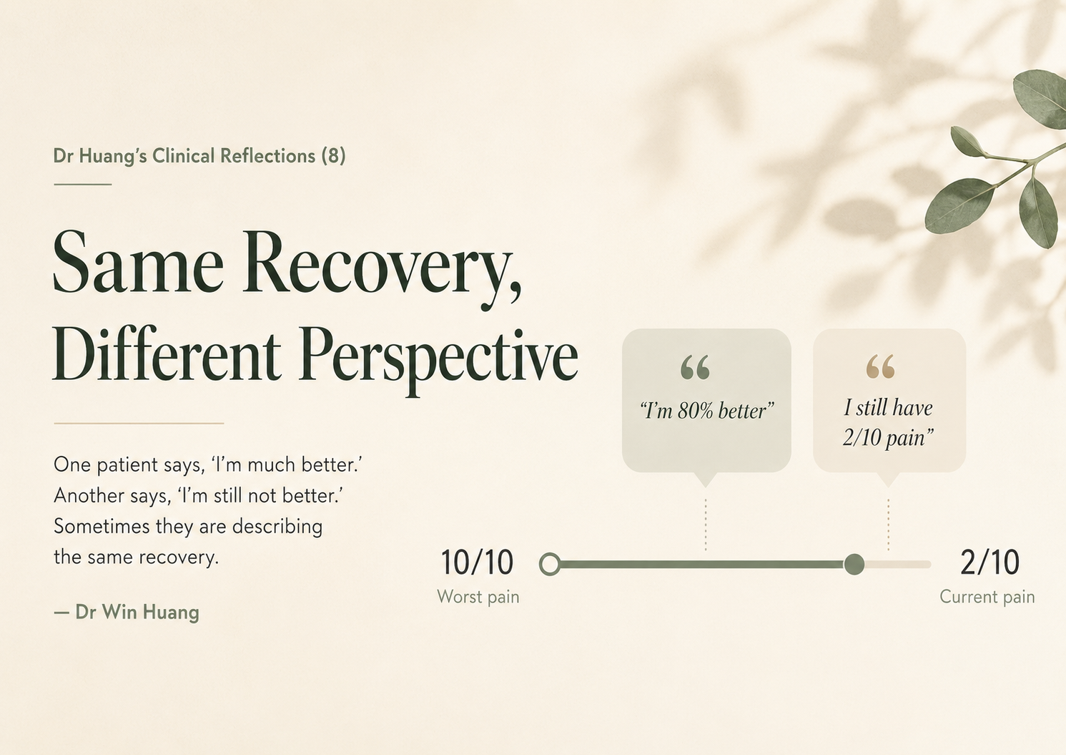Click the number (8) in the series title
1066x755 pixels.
[333, 156]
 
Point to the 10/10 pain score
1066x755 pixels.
[478, 562]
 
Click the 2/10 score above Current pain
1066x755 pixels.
[989, 562]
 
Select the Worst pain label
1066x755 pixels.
[478, 597]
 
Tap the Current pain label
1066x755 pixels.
[987, 597]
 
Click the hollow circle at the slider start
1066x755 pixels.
[550, 565]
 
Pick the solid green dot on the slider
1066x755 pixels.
[854, 565]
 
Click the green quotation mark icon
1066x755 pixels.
[695, 367]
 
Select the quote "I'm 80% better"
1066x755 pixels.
[706, 411]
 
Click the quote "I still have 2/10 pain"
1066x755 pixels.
[888, 422]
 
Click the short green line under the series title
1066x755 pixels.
[83, 185]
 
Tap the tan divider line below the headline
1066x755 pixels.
[139, 423]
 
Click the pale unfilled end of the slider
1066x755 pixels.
[898, 565]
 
